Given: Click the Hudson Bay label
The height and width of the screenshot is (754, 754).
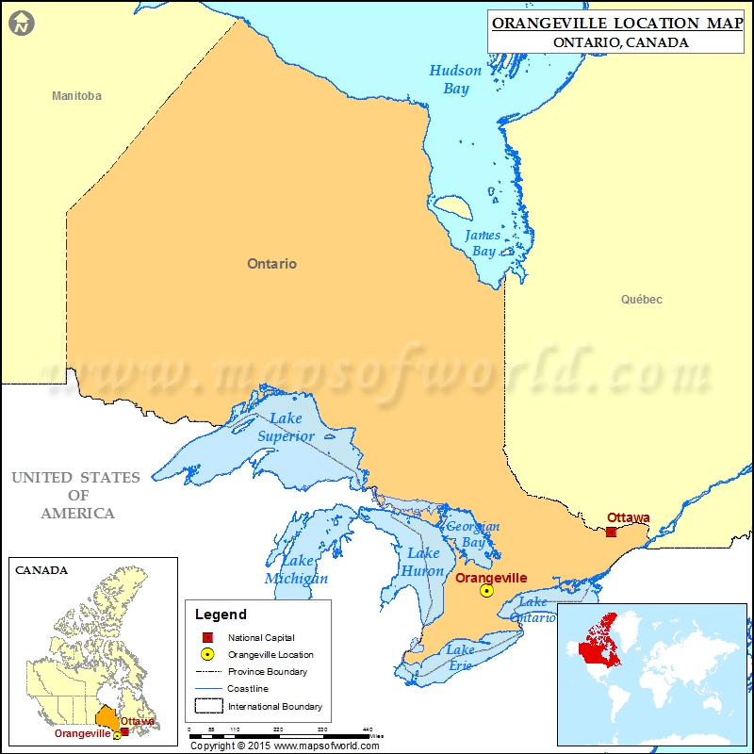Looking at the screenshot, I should pyautogui.click(x=455, y=79).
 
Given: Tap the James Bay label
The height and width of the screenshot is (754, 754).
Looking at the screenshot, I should pyautogui.click(x=482, y=243).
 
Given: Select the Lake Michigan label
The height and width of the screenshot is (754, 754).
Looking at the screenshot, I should pyautogui.click(x=296, y=569).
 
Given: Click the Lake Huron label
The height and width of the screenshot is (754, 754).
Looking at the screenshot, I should pyautogui.click(x=423, y=562).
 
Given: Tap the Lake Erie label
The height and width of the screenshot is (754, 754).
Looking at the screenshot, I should pyautogui.click(x=461, y=658).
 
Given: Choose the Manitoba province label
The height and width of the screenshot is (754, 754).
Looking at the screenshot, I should pyautogui.click(x=76, y=96).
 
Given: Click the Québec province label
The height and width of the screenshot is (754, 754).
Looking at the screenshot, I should pyautogui.click(x=641, y=300).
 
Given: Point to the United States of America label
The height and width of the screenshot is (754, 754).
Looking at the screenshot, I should pyautogui.click(x=77, y=495).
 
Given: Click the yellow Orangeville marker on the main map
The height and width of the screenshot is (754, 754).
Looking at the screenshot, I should pyautogui.click(x=486, y=591).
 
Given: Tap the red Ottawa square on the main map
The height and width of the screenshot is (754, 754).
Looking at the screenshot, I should pyautogui.click(x=611, y=533).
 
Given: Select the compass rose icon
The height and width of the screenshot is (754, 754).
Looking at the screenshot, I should pyautogui.click(x=22, y=22).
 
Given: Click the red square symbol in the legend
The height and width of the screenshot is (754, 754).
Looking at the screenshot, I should pyautogui.click(x=207, y=638).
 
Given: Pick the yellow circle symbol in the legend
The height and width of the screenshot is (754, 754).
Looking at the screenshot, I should pyautogui.click(x=207, y=655).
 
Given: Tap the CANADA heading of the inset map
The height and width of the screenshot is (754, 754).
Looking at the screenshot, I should pyautogui.click(x=41, y=569).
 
